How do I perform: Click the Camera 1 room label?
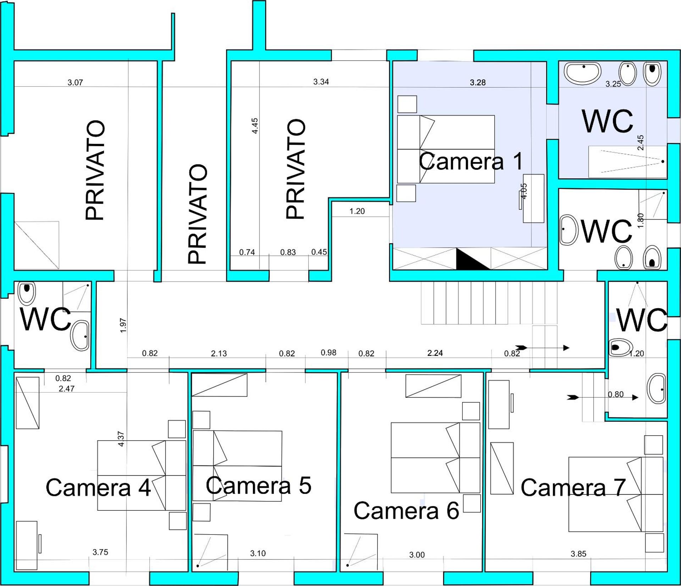pyautogui.click(x=471, y=161)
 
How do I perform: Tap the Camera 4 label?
pyautogui.click(x=98, y=487)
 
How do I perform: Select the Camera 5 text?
pyautogui.click(x=259, y=485)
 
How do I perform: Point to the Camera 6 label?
pyautogui.click(x=406, y=511)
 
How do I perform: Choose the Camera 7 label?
pyautogui.click(x=572, y=487)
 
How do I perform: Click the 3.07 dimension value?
pyautogui.click(x=75, y=83)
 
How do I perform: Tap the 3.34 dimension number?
pyautogui.click(x=321, y=82)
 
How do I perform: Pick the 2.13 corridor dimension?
pyautogui.click(x=219, y=353)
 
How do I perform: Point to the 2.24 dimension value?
pyautogui.click(x=435, y=353)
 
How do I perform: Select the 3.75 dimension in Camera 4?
pyautogui.click(x=100, y=552)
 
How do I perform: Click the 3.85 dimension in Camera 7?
pyautogui.click(x=578, y=553)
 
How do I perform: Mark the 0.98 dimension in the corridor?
pyautogui.click(x=328, y=353)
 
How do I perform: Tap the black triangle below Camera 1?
pyautogui.click(x=472, y=259)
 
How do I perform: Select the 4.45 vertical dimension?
pyautogui.click(x=255, y=126)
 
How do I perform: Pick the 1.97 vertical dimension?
pyautogui.click(x=123, y=325)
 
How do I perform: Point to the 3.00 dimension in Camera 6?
pyautogui.click(x=417, y=555)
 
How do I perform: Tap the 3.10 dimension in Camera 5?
pyautogui.click(x=258, y=553)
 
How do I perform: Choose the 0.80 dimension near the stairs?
pyautogui.click(x=616, y=394)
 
